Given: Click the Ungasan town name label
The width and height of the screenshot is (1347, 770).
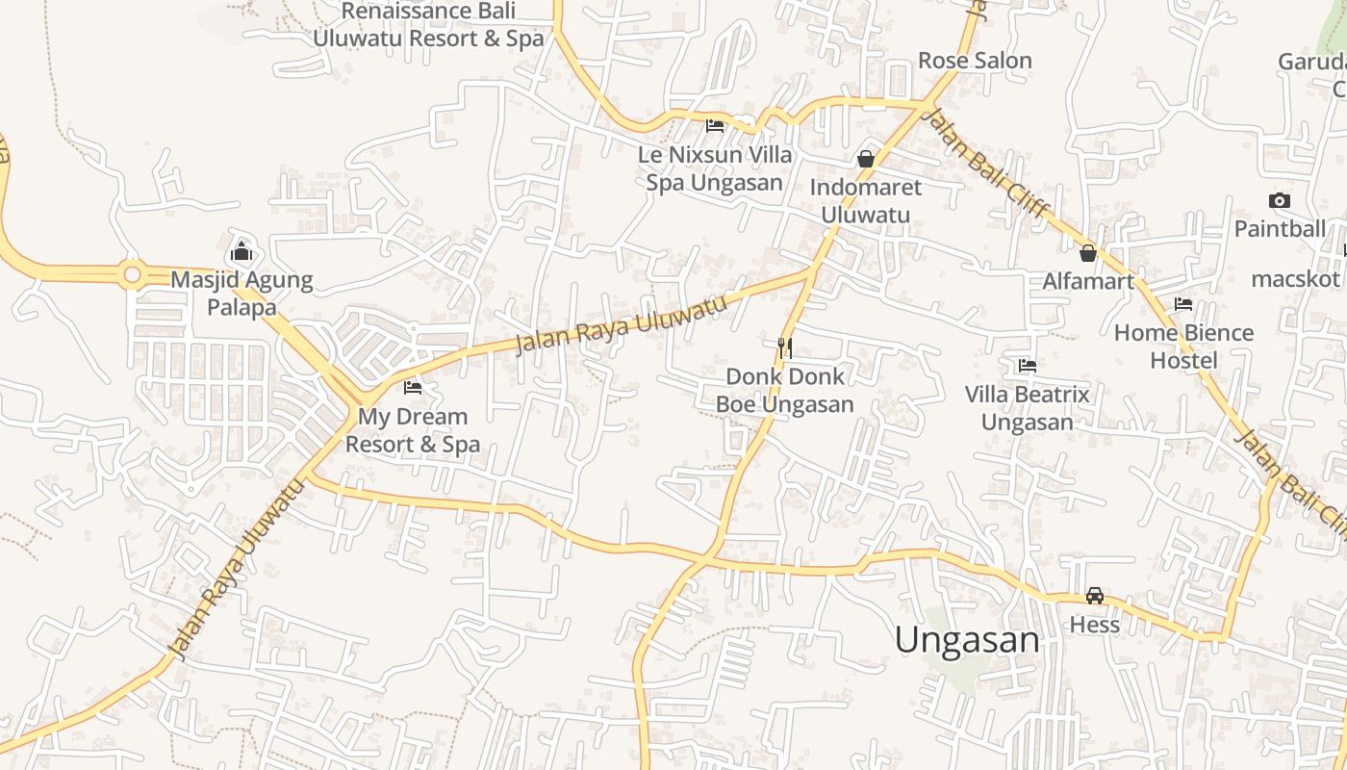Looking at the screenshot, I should click(967, 640).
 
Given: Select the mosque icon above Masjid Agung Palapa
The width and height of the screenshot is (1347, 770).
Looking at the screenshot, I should click(241, 253).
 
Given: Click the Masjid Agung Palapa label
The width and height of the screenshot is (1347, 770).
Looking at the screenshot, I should click(241, 295).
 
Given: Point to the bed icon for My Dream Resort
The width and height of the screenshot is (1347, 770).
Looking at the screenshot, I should click(413, 388).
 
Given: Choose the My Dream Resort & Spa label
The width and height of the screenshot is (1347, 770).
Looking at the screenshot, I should click(413, 430).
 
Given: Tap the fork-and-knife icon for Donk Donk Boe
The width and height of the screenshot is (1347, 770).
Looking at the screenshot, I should click(785, 347).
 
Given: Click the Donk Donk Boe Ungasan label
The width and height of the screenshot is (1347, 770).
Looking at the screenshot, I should click(785, 390).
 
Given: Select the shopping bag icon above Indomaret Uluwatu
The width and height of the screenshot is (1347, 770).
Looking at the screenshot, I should click(865, 159).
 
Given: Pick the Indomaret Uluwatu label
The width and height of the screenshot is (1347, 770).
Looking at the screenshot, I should click(865, 200).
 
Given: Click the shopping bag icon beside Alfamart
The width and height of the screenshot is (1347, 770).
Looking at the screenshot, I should click(1088, 253).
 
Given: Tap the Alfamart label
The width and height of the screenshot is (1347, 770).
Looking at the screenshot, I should click(1089, 282).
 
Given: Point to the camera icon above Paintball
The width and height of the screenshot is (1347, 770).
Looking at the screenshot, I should click(1279, 200).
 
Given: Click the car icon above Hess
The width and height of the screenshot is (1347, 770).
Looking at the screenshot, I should click(1094, 596).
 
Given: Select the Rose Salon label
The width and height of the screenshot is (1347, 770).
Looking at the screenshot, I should click(975, 61).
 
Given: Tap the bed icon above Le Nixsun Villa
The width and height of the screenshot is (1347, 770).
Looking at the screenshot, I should click(714, 125).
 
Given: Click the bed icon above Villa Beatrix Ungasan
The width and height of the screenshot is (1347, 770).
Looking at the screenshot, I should click(1027, 366).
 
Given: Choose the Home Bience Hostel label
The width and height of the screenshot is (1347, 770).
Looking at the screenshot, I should click(1183, 346).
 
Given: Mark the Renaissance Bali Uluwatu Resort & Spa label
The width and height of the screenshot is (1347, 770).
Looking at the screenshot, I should click(428, 25).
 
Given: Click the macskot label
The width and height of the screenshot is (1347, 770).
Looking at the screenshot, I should click(1295, 279).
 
